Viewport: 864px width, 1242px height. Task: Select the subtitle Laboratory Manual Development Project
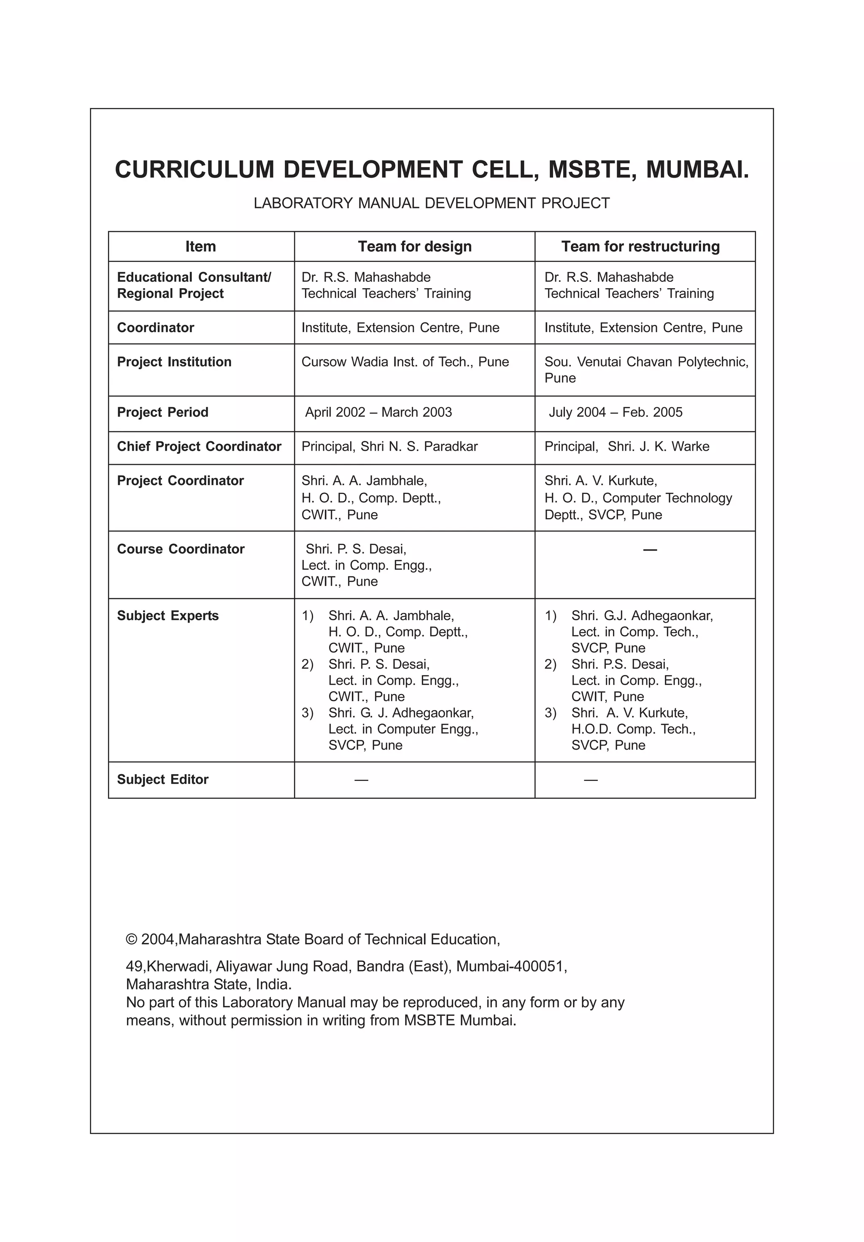point(431,203)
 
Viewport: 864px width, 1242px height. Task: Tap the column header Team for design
point(414,247)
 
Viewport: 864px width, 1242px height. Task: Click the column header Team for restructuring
point(640,247)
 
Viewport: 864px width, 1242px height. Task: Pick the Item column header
point(201,247)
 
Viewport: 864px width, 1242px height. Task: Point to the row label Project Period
point(162,412)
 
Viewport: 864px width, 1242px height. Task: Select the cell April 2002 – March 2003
point(378,412)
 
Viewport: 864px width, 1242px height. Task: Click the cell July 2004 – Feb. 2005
point(615,412)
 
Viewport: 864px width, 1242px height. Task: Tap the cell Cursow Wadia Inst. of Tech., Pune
point(405,362)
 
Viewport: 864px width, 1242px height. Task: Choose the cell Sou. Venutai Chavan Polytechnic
point(646,362)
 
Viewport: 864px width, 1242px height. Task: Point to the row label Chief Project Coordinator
point(199,447)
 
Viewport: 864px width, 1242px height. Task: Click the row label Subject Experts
point(168,616)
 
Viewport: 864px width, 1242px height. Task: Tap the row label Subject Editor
point(162,780)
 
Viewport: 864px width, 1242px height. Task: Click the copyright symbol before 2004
point(132,940)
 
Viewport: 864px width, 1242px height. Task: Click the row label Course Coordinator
point(180,549)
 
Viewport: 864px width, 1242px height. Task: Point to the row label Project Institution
point(174,362)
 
